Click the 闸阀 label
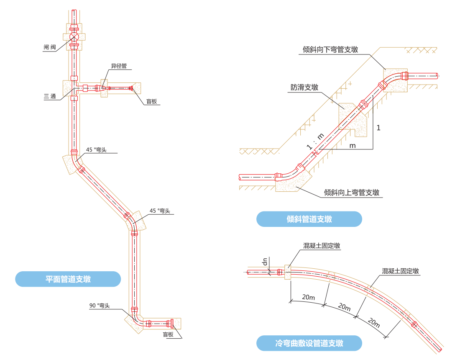pos(50,47)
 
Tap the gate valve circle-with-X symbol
pos(74,37)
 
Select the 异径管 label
pos(118,66)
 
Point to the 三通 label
pos(50,96)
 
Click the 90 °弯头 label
pos(100,306)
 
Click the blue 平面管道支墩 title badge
pos(68,279)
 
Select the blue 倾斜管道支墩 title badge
pos(309,219)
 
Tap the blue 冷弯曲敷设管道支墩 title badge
pos(309,343)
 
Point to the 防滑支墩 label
pos(304,87)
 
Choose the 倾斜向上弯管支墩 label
pos(352,193)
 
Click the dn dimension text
pos(264,262)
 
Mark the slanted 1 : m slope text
pos(314,141)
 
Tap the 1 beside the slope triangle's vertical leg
pos(378,128)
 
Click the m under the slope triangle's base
pos(352,145)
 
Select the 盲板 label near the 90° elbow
pos(168,334)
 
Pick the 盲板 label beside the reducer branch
pos(151,101)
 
